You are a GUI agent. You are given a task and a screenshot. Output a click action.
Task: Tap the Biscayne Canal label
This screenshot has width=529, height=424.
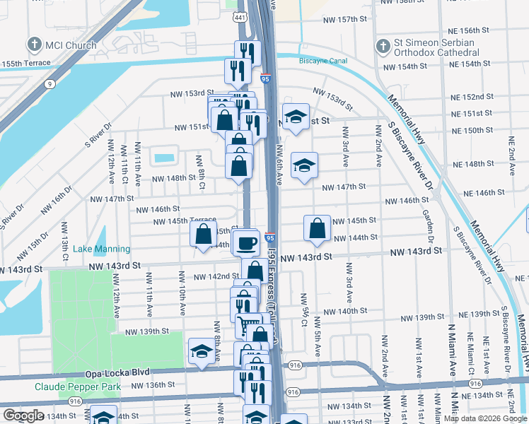tap(323, 61)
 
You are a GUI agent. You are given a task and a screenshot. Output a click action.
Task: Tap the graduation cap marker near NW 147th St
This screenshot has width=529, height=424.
tap(305, 165)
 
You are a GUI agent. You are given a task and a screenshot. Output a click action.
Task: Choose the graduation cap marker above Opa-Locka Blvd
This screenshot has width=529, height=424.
tap(202, 351)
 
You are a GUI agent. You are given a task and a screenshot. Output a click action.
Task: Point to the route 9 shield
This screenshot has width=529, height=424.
tap(49, 84)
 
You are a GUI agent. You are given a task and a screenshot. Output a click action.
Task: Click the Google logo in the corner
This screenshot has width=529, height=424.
tap(23, 416)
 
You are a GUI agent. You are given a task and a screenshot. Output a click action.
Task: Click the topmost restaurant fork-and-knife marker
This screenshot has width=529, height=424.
tap(248, 52)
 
